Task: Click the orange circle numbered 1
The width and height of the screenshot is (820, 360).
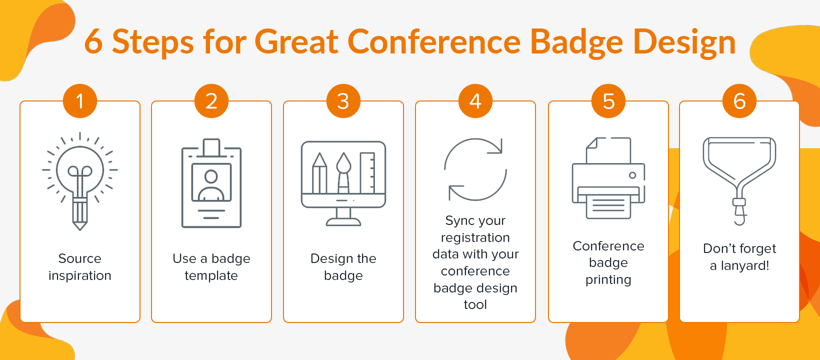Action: point(79,101)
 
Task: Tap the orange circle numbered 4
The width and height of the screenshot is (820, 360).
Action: point(475,101)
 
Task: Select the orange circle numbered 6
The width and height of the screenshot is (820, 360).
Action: point(739,101)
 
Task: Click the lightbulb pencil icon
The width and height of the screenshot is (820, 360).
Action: point(80,180)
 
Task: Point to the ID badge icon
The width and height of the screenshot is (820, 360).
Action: point(211,183)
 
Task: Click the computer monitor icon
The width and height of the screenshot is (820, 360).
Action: point(343,182)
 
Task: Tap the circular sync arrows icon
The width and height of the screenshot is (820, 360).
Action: point(475,169)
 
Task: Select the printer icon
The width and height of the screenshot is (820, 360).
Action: point(608,178)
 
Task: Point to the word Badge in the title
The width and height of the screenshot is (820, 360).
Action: point(576,42)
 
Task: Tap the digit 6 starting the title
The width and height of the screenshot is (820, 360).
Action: point(93,41)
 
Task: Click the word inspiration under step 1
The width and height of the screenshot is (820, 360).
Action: point(80,275)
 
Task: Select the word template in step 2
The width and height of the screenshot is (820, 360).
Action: point(211,275)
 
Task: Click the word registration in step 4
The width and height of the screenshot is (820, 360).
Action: point(475,237)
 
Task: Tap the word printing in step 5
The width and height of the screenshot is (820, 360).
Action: point(608,279)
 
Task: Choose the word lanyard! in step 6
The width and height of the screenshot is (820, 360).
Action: point(745,265)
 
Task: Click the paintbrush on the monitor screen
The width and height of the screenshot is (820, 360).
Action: point(343,172)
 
